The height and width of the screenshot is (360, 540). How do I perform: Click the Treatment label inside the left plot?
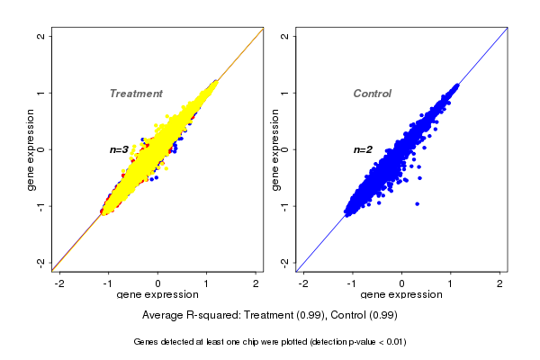tap(136, 94)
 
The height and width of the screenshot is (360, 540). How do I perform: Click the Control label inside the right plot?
tap(372, 94)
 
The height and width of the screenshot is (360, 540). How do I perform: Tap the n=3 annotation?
tap(119, 149)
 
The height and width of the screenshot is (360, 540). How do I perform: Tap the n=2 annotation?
tap(362, 149)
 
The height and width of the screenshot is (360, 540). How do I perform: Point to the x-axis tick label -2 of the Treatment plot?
tap(60, 283)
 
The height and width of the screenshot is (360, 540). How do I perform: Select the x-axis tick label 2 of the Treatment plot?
tap(256, 283)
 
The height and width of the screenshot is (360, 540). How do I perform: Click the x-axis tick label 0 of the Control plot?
tap(402, 283)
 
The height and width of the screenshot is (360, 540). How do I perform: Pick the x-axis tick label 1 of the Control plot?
tap(451, 283)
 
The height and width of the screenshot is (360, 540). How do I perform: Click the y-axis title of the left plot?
tap(31, 149)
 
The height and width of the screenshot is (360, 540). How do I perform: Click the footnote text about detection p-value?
tap(270, 342)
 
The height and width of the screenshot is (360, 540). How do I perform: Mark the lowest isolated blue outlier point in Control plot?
tap(418, 204)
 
